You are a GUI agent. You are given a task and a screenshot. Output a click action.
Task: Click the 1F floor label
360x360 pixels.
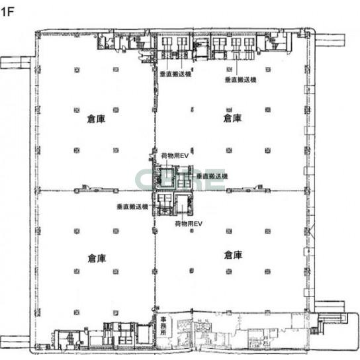point(8,11)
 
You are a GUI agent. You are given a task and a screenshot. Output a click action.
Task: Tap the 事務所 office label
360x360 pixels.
point(163,326)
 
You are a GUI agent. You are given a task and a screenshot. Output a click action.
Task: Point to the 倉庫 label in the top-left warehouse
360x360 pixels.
point(96,119)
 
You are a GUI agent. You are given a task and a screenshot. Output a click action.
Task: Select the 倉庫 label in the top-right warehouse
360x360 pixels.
point(232,118)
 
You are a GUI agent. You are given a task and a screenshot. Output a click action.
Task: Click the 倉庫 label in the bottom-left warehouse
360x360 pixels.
point(97,258)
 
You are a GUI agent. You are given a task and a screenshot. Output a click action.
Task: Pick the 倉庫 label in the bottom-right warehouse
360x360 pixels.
point(233,255)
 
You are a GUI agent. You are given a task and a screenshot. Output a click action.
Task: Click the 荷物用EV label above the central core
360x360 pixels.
point(175,156)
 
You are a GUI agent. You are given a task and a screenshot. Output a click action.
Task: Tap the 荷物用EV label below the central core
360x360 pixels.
point(189,224)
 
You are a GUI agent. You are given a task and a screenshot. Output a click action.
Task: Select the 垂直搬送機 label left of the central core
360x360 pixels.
point(132,206)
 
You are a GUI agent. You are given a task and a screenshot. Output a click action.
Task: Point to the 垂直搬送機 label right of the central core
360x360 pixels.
point(212,176)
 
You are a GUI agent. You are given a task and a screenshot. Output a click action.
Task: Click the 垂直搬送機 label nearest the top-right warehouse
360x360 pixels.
point(241,79)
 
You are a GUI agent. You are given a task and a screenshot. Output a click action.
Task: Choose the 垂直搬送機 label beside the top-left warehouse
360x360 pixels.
point(175,74)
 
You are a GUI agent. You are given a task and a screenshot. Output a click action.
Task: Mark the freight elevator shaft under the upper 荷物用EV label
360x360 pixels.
point(167,177)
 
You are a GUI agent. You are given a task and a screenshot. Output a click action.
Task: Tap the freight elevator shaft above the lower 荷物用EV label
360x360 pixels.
point(182,202)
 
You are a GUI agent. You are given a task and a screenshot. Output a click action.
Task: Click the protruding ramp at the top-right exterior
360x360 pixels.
point(330,40)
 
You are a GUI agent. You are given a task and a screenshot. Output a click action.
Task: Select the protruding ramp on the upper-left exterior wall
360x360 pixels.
point(15,62)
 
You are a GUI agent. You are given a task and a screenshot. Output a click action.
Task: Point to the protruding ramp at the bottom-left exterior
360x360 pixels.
point(15,342)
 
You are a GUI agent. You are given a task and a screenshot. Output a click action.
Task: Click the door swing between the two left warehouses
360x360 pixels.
point(85,187)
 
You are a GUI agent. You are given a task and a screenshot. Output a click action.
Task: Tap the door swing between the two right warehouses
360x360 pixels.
point(259,187)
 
